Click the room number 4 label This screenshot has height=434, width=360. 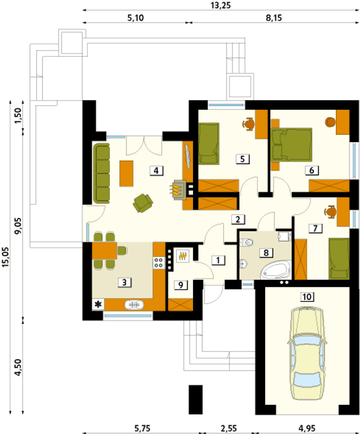(x=156, y=171)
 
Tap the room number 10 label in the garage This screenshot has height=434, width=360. (x=307, y=297)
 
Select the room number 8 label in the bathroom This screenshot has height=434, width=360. (x=266, y=253)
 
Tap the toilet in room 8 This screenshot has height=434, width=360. (x=247, y=242)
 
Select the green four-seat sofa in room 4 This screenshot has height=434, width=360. (x=102, y=173)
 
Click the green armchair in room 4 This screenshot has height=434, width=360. (x=143, y=203)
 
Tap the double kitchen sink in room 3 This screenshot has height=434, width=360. (x=134, y=305)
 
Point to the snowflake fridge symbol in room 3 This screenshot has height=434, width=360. (x=98, y=304)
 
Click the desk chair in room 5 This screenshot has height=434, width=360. (x=249, y=124)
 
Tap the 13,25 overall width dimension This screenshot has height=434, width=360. (x=220, y=6)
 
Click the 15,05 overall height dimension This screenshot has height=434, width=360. (x=6, y=257)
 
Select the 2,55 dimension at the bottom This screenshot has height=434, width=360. (x=228, y=428)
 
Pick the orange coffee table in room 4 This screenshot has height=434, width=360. (x=127, y=173)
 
